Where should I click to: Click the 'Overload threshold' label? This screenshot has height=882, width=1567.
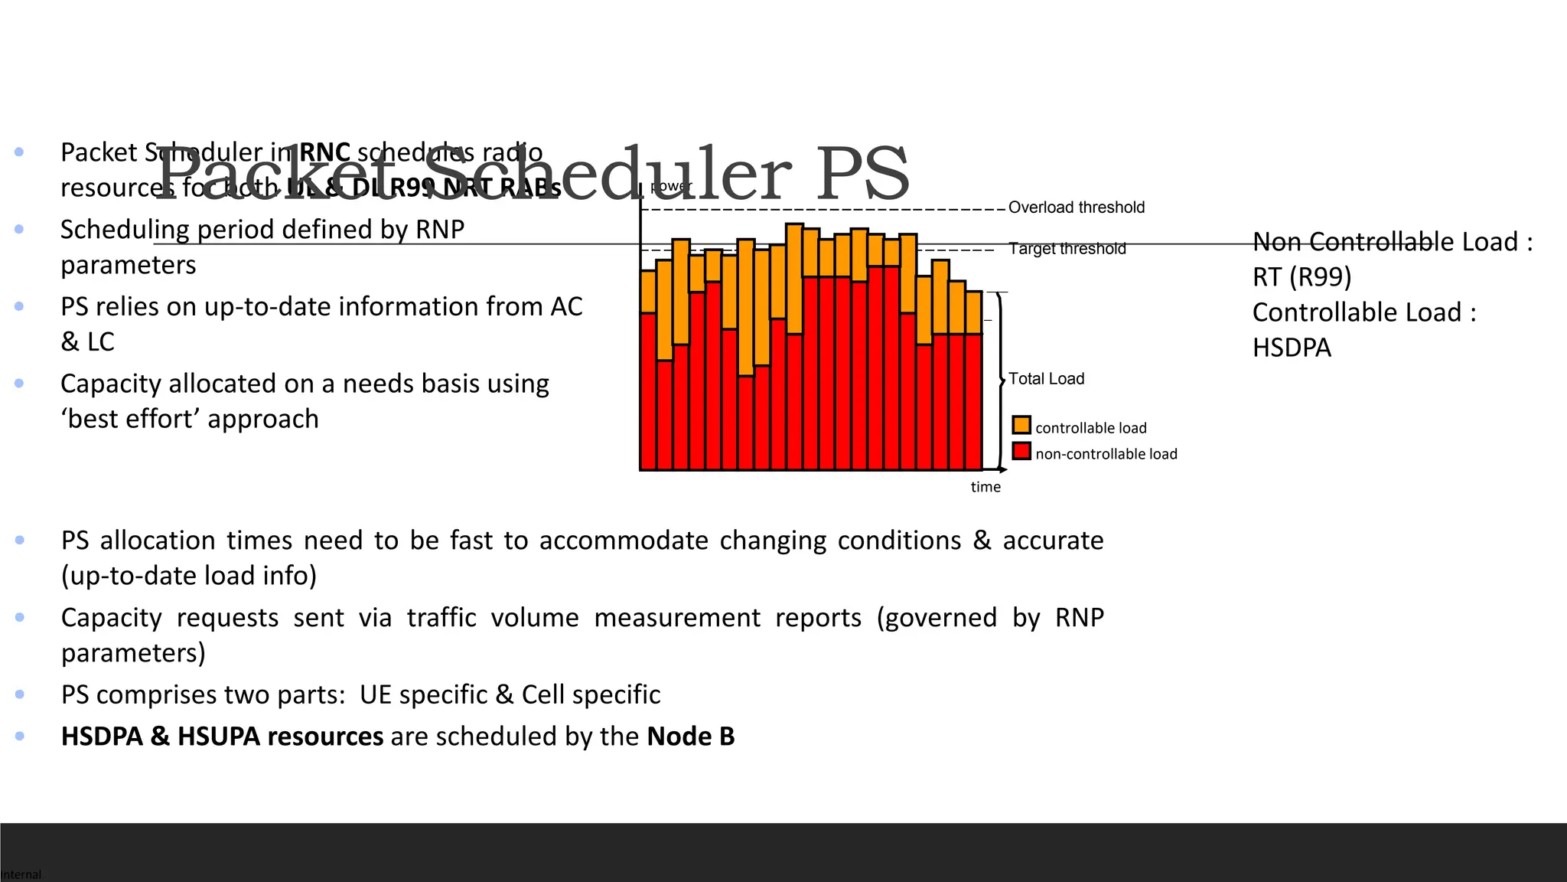point(1076,207)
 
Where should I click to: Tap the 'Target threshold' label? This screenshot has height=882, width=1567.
point(1067,249)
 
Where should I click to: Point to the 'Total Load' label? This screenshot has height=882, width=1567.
point(1046,379)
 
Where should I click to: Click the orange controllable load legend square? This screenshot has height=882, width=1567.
point(1021,425)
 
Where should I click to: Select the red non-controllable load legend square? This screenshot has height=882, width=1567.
point(1021,451)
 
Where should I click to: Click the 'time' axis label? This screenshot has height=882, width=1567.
point(985,487)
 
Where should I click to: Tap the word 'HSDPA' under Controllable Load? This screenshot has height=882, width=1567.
point(1292,348)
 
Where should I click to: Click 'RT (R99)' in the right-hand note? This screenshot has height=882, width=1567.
point(1301,276)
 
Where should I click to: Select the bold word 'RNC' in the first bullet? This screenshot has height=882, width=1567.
point(324,152)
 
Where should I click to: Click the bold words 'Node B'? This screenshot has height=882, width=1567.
point(690,737)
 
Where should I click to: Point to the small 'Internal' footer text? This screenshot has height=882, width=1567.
point(21,874)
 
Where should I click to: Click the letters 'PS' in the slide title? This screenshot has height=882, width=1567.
point(862,175)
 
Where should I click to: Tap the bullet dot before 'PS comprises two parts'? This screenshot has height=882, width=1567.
point(20,694)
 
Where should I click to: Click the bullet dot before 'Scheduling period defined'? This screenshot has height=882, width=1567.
point(19,229)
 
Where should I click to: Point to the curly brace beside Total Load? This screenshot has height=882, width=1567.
point(1000,381)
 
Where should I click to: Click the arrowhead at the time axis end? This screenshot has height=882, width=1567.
point(1002,469)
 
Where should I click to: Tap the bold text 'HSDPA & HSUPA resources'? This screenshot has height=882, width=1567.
point(222,737)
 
